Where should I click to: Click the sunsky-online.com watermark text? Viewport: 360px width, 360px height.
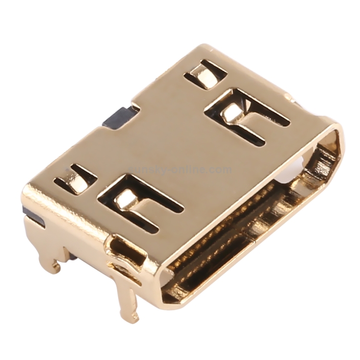point(180,169)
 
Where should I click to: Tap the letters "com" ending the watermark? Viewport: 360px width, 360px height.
point(220,169)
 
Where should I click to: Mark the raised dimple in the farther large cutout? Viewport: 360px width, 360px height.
point(231,111)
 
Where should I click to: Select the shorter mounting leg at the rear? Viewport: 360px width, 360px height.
point(50,254)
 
